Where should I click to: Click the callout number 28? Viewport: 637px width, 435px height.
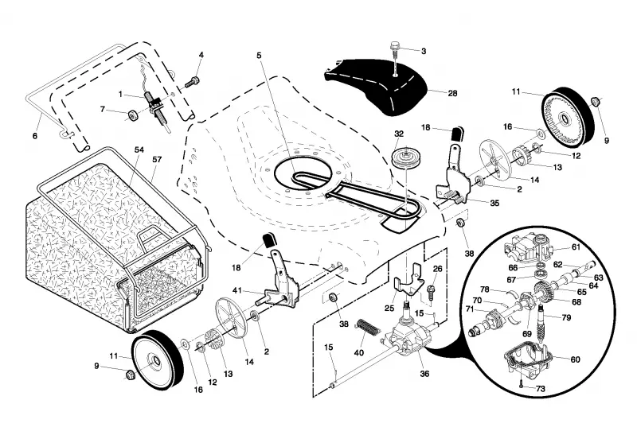[x=452, y=93]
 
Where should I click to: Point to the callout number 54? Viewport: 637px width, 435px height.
[x=139, y=150]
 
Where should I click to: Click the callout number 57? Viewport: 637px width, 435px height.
[x=157, y=160]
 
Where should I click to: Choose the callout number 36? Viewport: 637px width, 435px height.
[x=424, y=373]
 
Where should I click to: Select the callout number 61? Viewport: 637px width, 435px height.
[x=576, y=247]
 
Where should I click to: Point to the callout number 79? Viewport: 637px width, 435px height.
[x=566, y=317]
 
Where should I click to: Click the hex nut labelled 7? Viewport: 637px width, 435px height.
[x=131, y=115]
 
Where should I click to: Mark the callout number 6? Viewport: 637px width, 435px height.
[x=34, y=136]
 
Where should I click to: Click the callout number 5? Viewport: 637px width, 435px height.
[x=260, y=55]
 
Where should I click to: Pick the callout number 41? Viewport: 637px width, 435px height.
[x=237, y=290]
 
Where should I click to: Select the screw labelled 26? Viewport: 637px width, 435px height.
[x=431, y=292]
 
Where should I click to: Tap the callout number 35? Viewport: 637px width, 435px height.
[x=494, y=203]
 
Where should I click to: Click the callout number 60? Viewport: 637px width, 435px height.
[x=576, y=359]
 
